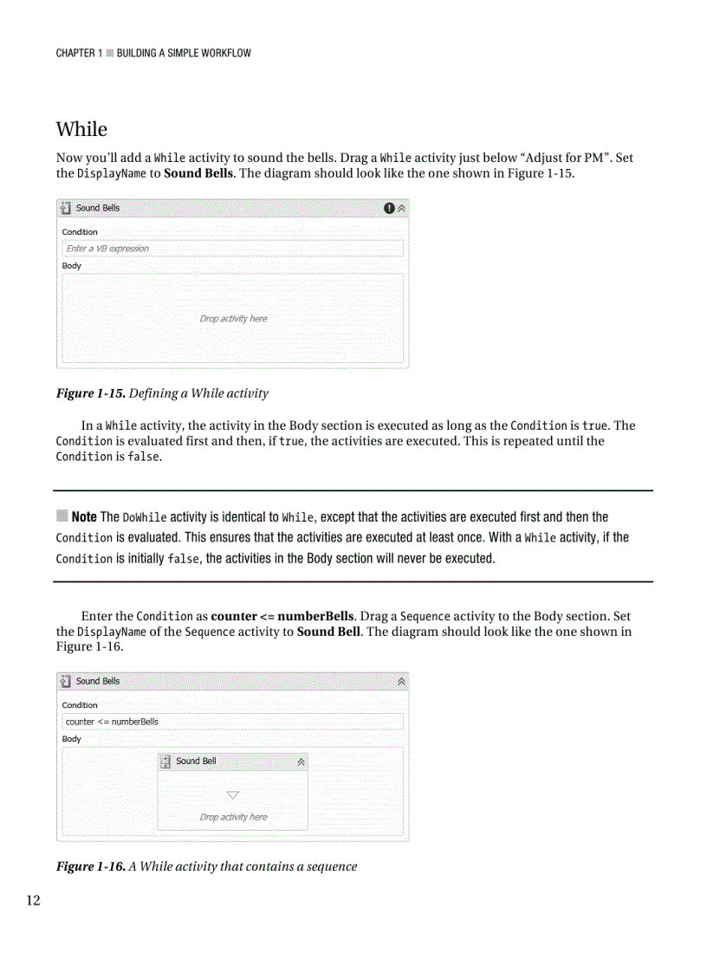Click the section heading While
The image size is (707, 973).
[81, 129]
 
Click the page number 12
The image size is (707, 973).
[32, 901]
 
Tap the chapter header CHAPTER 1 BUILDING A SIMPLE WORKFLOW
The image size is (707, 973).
[153, 53]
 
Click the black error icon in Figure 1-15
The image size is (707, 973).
[389, 208]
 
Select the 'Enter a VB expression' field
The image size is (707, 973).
[232, 249]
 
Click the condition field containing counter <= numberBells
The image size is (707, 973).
[232, 722]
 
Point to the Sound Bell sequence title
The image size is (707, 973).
[196, 761]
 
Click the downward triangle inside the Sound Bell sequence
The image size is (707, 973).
[232, 795]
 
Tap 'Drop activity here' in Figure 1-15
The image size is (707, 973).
[233, 319]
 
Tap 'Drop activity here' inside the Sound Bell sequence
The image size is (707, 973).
[233, 817]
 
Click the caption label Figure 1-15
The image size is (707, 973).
[90, 393]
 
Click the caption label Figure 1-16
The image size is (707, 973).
[90, 866]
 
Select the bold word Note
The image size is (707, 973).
[84, 517]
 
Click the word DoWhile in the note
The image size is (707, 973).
[145, 518]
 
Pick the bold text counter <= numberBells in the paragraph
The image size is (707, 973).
[282, 616]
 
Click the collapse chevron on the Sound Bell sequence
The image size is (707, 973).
[301, 762]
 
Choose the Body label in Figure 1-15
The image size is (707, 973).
[71, 266]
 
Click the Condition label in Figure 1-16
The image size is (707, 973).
[80, 705]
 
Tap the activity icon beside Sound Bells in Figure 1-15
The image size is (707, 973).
[66, 208]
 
